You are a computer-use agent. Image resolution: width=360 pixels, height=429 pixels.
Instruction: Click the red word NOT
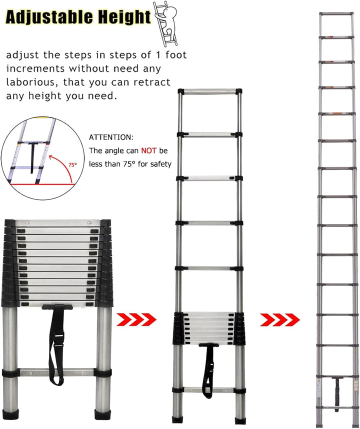point(148,151)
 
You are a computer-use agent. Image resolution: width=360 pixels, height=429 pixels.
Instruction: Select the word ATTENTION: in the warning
point(111,137)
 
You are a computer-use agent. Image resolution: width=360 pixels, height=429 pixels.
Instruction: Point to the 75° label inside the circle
point(72,164)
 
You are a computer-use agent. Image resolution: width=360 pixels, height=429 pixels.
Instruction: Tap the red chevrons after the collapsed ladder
point(136,319)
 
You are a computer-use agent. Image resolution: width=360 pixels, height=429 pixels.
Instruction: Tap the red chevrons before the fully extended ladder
point(280,320)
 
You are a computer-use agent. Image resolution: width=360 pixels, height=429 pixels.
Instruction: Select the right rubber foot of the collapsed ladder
point(103,414)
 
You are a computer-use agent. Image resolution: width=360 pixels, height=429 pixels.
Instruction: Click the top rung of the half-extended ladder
point(209,91)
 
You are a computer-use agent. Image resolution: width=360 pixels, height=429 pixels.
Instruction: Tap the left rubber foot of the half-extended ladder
point(176,419)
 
